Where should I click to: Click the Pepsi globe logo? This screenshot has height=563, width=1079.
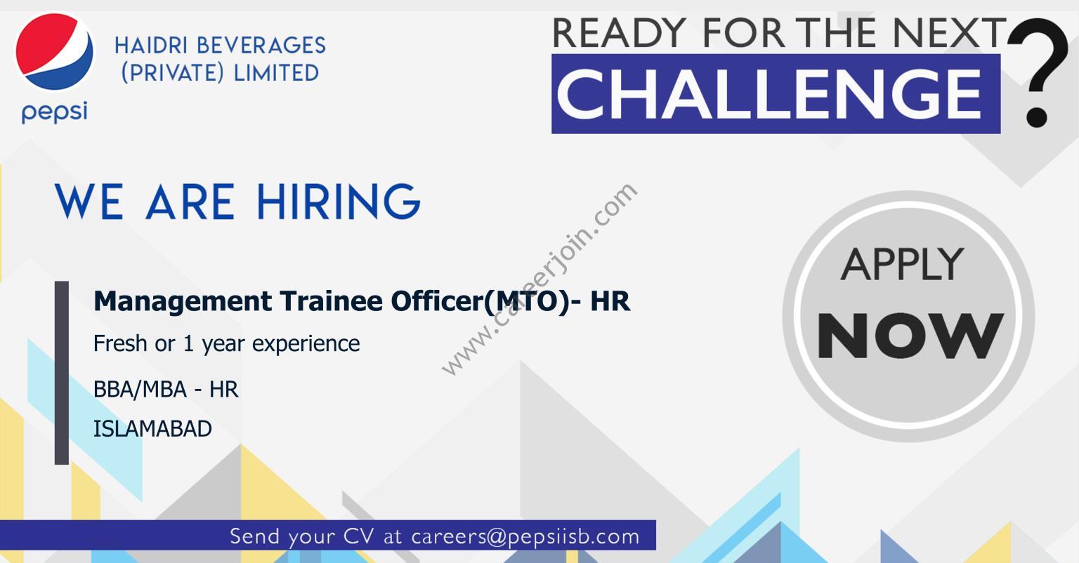[54, 51]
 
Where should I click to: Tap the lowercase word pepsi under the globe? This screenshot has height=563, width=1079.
[54, 112]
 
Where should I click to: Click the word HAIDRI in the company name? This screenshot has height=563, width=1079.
[151, 46]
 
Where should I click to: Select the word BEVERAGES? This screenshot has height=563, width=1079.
[261, 46]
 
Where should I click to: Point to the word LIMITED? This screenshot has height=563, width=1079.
[276, 73]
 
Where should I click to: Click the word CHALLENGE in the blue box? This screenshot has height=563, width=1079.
[769, 94]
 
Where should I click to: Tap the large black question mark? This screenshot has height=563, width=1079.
[1038, 72]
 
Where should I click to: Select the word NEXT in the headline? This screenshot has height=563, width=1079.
[950, 33]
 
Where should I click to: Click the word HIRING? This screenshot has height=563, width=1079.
[339, 201]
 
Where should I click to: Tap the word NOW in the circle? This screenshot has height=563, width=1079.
[910, 336]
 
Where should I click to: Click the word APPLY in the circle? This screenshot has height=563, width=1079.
[903, 265]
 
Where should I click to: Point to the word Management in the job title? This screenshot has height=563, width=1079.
[183, 302]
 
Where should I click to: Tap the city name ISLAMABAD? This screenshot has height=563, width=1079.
[152, 429]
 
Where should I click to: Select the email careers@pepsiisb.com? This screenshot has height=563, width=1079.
[525, 536]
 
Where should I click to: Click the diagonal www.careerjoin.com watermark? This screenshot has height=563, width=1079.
[539, 279]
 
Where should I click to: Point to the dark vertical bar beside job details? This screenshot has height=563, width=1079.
[62, 373]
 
